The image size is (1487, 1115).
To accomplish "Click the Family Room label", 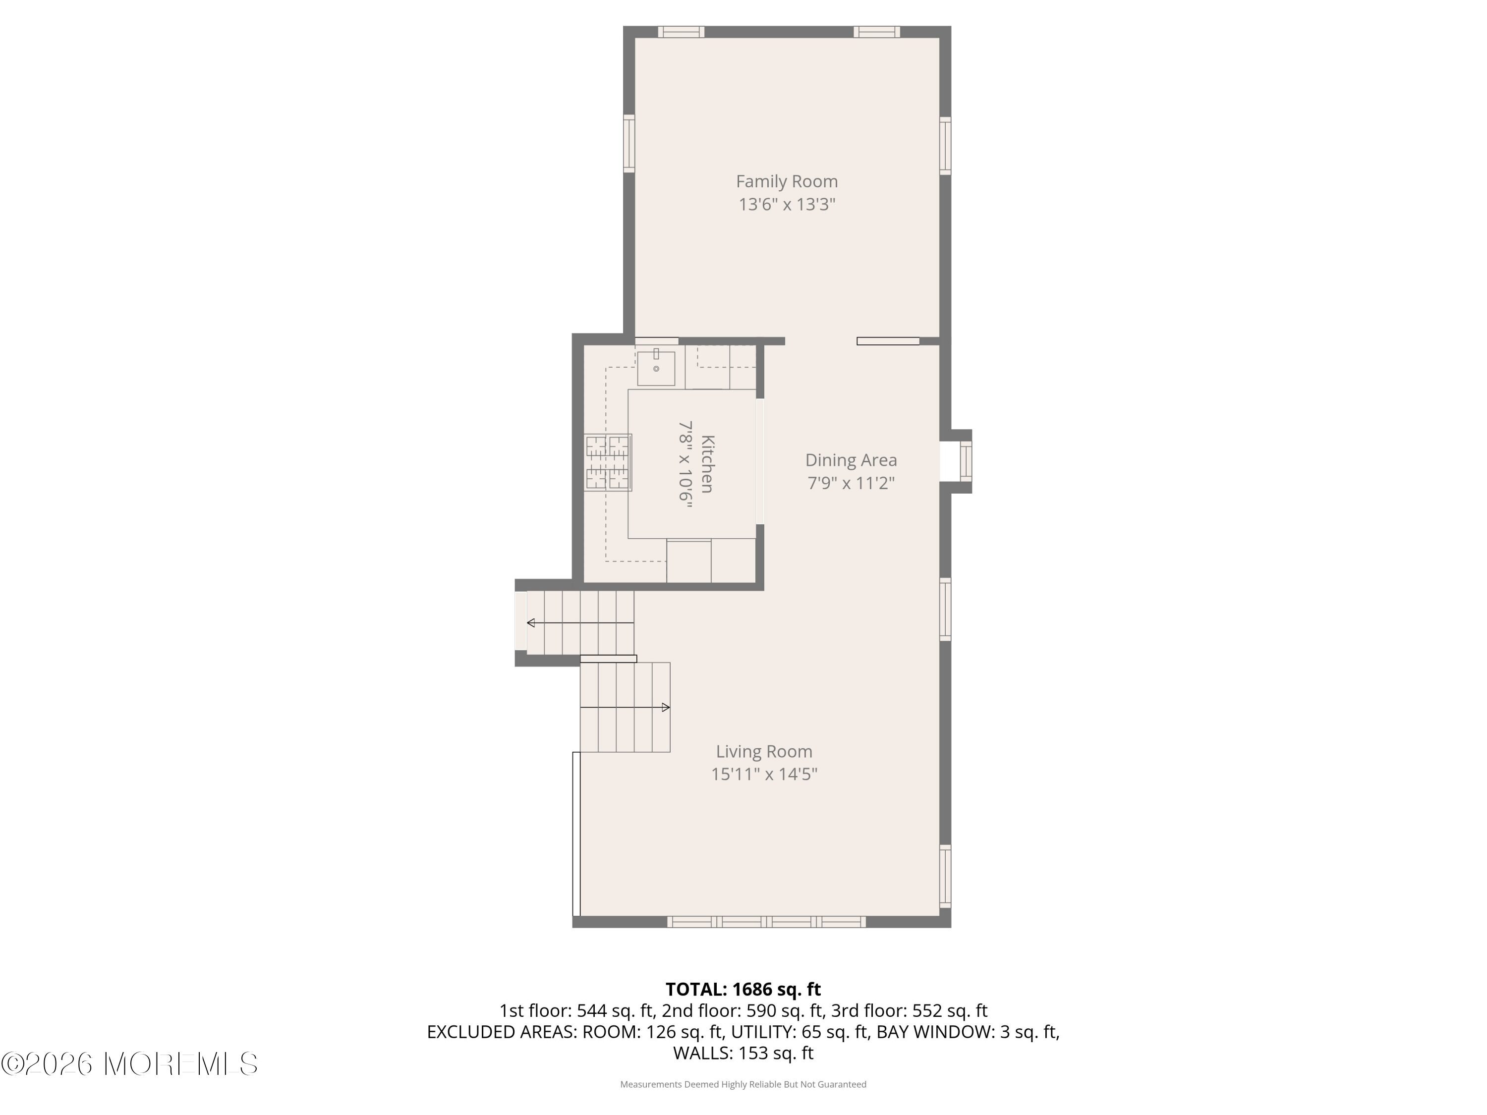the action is click(787, 181).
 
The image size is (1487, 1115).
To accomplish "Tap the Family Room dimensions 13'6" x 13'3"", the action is click(787, 204).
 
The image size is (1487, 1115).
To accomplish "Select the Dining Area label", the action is click(851, 460).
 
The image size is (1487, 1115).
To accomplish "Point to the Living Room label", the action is click(764, 751).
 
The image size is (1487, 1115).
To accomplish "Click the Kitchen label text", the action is click(707, 464).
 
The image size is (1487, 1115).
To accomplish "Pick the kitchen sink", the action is click(656, 368).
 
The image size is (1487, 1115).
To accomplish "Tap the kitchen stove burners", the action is click(608, 462).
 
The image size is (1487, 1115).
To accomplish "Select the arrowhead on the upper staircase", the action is click(531, 623).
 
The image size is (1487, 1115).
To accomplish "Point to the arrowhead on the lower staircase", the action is click(666, 707).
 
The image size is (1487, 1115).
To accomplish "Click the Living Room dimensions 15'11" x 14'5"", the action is click(764, 774).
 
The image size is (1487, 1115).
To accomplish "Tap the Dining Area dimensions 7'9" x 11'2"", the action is click(851, 483).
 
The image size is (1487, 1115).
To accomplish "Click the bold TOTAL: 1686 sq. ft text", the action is click(743, 989).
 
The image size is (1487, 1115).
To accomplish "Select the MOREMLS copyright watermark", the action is click(129, 1064).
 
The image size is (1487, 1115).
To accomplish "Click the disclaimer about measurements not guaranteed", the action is click(743, 1084).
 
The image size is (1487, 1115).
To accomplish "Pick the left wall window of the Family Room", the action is click(629, 143).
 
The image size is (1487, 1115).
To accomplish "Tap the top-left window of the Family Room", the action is click(681, 32).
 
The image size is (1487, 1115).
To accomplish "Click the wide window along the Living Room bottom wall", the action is click(766, 922).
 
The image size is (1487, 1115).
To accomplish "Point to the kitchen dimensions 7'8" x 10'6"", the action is click(685, 464).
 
